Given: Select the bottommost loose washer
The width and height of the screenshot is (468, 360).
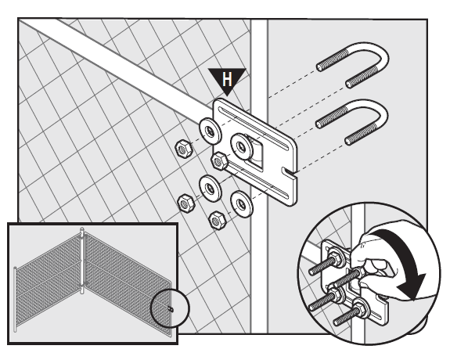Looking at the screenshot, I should click(x=242, y=203).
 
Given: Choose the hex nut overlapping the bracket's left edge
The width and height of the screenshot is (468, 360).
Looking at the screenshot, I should click(x=219, y=162).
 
